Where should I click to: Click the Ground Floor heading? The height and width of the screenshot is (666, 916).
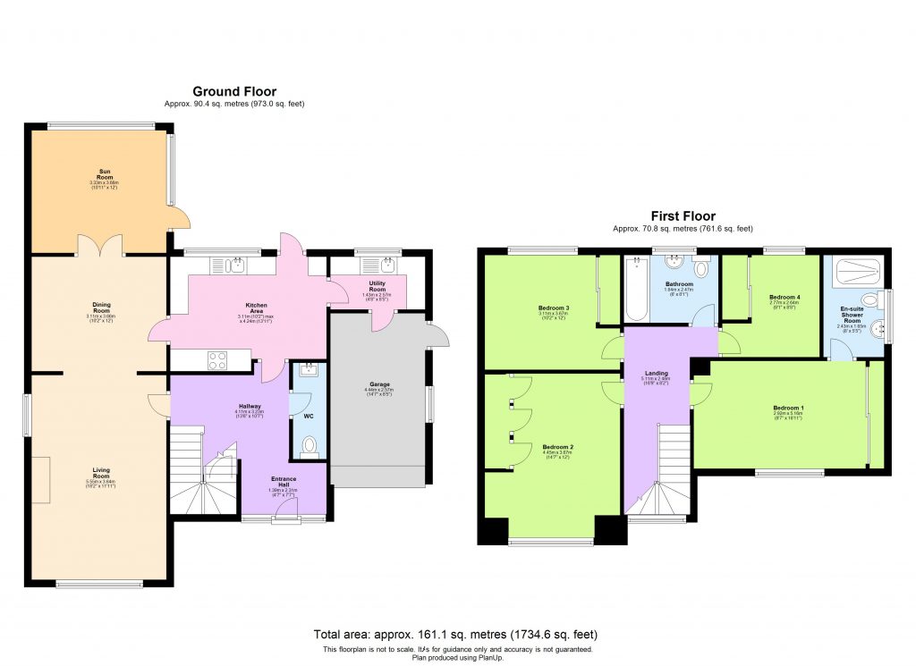point(234,91)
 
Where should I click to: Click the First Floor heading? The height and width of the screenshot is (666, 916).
point(683,216)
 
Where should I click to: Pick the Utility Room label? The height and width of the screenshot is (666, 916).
point(377,286)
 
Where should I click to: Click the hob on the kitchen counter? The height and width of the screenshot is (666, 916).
point(217,360)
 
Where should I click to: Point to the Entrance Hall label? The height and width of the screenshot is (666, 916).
point(283,481)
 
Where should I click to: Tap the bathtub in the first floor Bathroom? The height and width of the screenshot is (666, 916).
point(637,291)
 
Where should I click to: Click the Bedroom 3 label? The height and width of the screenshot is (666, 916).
point(555,308)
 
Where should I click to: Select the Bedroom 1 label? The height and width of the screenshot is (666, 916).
point(788,409)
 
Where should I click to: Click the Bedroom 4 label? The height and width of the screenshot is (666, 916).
point(785,297)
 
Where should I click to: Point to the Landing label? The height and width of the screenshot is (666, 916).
point(657,375)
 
